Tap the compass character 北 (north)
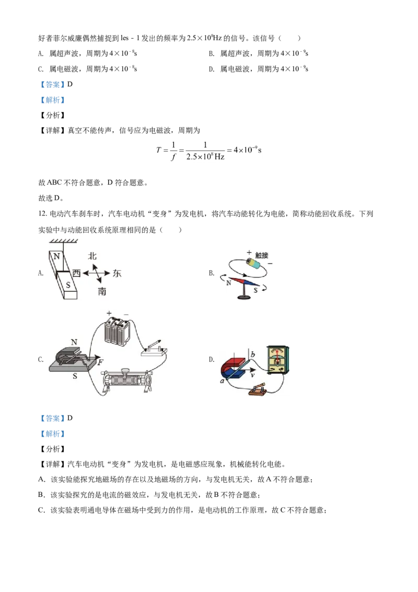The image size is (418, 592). click(x=92, y=256)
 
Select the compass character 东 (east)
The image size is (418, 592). click(x=117, y=273)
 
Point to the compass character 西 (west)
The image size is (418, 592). click(x=76, y=273)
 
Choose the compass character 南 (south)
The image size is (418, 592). click(x=102, y=291)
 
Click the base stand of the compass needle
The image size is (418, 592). click(x=244, y=298)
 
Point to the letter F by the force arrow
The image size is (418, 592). click(x=100, y=361)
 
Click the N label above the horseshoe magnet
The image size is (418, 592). click(x=74, y=341)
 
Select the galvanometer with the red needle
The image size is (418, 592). click(x=278, y=359)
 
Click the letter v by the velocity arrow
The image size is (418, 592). click(x=252, y=375)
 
